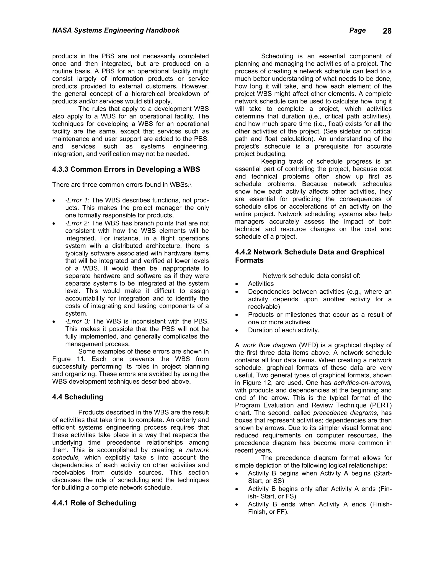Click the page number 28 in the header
pyautogui.click(x=387, y=31)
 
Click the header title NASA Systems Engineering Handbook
pyautogui.click(x=116, y=30)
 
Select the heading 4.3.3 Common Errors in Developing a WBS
pyautogui.click(x=126, y=169)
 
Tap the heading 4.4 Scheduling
pyautogui.click(x=78, y=397)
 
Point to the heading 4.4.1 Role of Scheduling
pyautogui.click(x=94, y=503)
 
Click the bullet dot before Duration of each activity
pyautogui.click(x=237, y=330)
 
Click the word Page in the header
pyautogui.click(x=357, y=30)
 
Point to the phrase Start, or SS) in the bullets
pyautogui.click(x=266, y=481)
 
